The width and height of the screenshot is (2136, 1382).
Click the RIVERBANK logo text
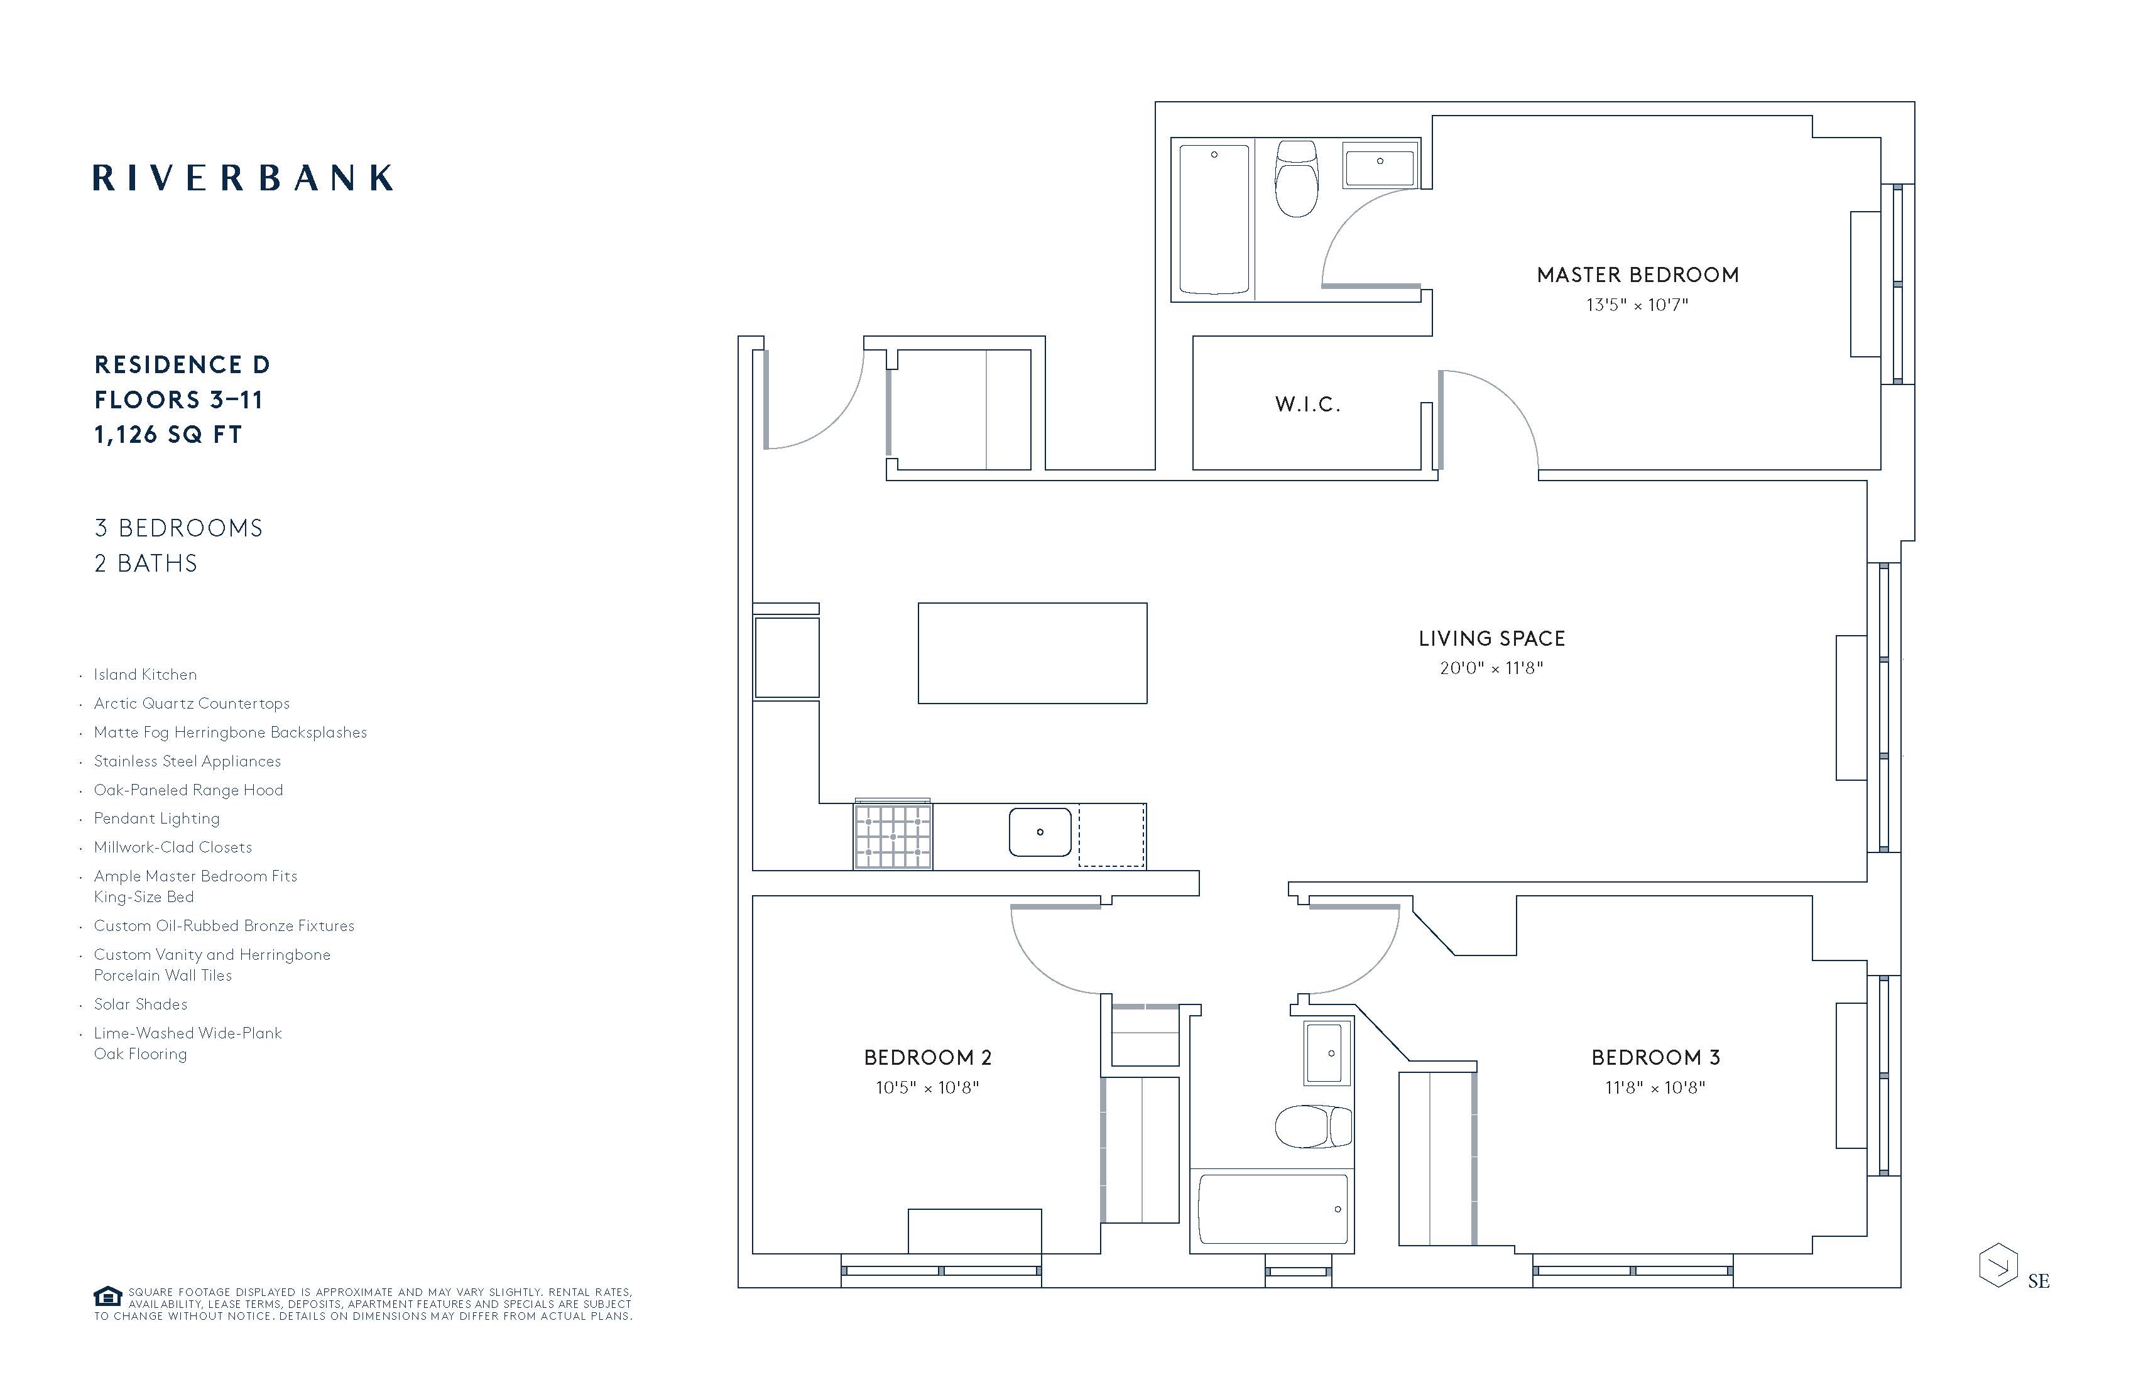coord(242,178)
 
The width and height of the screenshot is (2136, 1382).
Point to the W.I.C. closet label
coord(1307,405)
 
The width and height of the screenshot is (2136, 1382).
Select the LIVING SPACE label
coord(1491,639)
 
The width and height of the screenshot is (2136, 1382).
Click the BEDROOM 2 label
coord(928,1058)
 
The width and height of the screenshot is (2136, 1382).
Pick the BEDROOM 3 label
coord(1656,1058)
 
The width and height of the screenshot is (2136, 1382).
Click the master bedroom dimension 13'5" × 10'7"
coord(1637,305)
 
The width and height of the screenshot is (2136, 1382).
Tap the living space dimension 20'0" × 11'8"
coord(1491,668)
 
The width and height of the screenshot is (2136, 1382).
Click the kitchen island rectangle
coord(1032,653)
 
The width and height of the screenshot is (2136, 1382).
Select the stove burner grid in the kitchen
coord(893,836)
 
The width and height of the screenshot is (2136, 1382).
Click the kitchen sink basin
coord(1040,832)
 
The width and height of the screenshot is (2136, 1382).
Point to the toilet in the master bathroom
coord(1297,178)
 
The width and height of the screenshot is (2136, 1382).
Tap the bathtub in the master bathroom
coord(1214,220)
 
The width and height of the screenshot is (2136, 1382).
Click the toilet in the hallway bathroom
coord(1314,1127)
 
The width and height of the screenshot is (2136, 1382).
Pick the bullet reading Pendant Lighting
coord(156,819)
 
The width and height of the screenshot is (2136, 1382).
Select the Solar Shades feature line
coord(140,1005)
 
